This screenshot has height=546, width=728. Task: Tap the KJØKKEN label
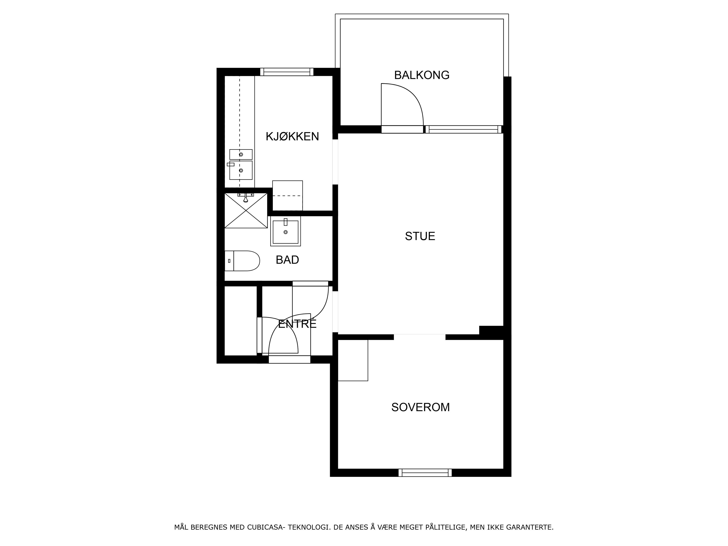[x=292, y=136]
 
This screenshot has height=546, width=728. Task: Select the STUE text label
[x=420, y=236]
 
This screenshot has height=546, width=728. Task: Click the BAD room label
[x=287, y=260]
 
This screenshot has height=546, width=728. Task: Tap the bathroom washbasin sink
[x=285, y=231]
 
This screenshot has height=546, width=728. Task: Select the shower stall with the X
[x=246, y=211]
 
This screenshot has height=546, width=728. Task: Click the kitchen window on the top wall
[x=287, y=72]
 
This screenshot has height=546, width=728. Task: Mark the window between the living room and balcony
[x=463, y=129]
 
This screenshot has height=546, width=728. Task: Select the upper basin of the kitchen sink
[x=241, y=154]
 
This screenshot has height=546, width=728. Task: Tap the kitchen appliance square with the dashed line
[x=287, y=195]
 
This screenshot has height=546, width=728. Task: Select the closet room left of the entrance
[x=241, y=321]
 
